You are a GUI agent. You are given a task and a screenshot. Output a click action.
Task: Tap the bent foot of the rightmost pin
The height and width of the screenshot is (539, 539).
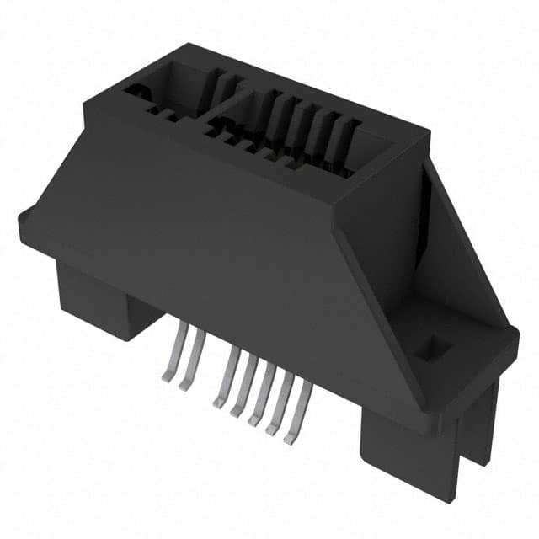point(291,436)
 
